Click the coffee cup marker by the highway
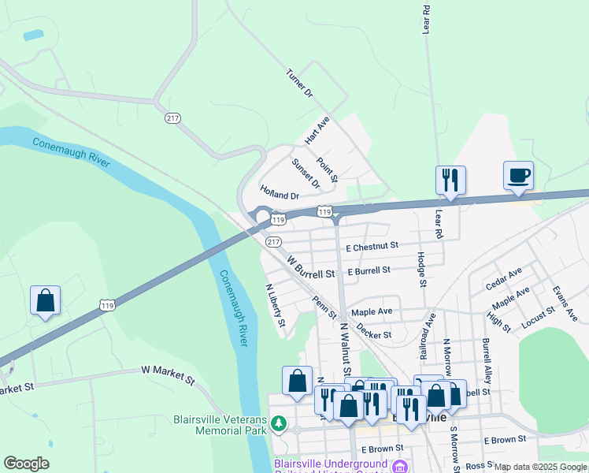click(517, 177)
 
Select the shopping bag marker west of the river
click(45, 301)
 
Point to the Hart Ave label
click(317, 129)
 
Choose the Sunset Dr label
click(306, 173)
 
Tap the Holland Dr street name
click(280, 192)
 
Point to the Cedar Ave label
click(504, 278)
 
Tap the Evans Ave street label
click(565, 304)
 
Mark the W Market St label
click(168, 374)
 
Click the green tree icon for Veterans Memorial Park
click(277, 425)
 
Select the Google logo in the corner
click(26, 464)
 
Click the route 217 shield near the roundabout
click(273, 241)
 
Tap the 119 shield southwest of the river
click(107, 304)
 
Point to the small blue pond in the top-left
click(34, 35)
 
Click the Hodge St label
click(422, 270)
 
